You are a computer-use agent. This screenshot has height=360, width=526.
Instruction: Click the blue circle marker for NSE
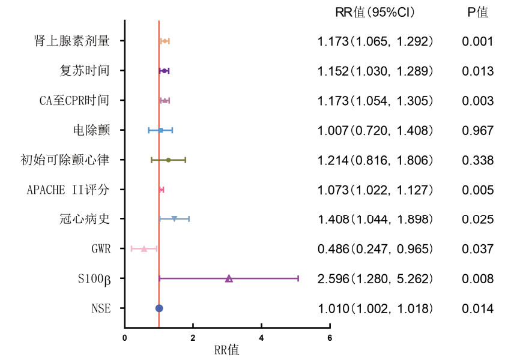(159, 308)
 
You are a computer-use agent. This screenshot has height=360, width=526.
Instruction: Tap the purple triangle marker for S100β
(229, 278)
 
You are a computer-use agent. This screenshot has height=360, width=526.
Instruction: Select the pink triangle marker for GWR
(144, 248)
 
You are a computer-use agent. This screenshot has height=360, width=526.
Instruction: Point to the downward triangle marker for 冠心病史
(174, 219)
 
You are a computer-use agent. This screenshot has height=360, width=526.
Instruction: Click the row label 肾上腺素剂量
(72, 41)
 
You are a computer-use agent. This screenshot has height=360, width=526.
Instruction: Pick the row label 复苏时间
(85, 71)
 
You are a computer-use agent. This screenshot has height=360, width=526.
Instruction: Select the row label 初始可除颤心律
(65, 160)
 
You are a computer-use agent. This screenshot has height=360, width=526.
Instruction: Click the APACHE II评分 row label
(68, 190)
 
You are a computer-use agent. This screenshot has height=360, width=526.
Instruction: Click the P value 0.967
(477, 131)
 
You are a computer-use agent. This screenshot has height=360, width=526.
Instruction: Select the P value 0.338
(477, 160)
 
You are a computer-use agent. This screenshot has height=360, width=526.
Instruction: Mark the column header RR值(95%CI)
(375, 13)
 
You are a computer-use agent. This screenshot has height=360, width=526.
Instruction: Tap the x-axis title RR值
(226, 350)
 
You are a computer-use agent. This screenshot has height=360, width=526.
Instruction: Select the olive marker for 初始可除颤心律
(169, 160)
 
